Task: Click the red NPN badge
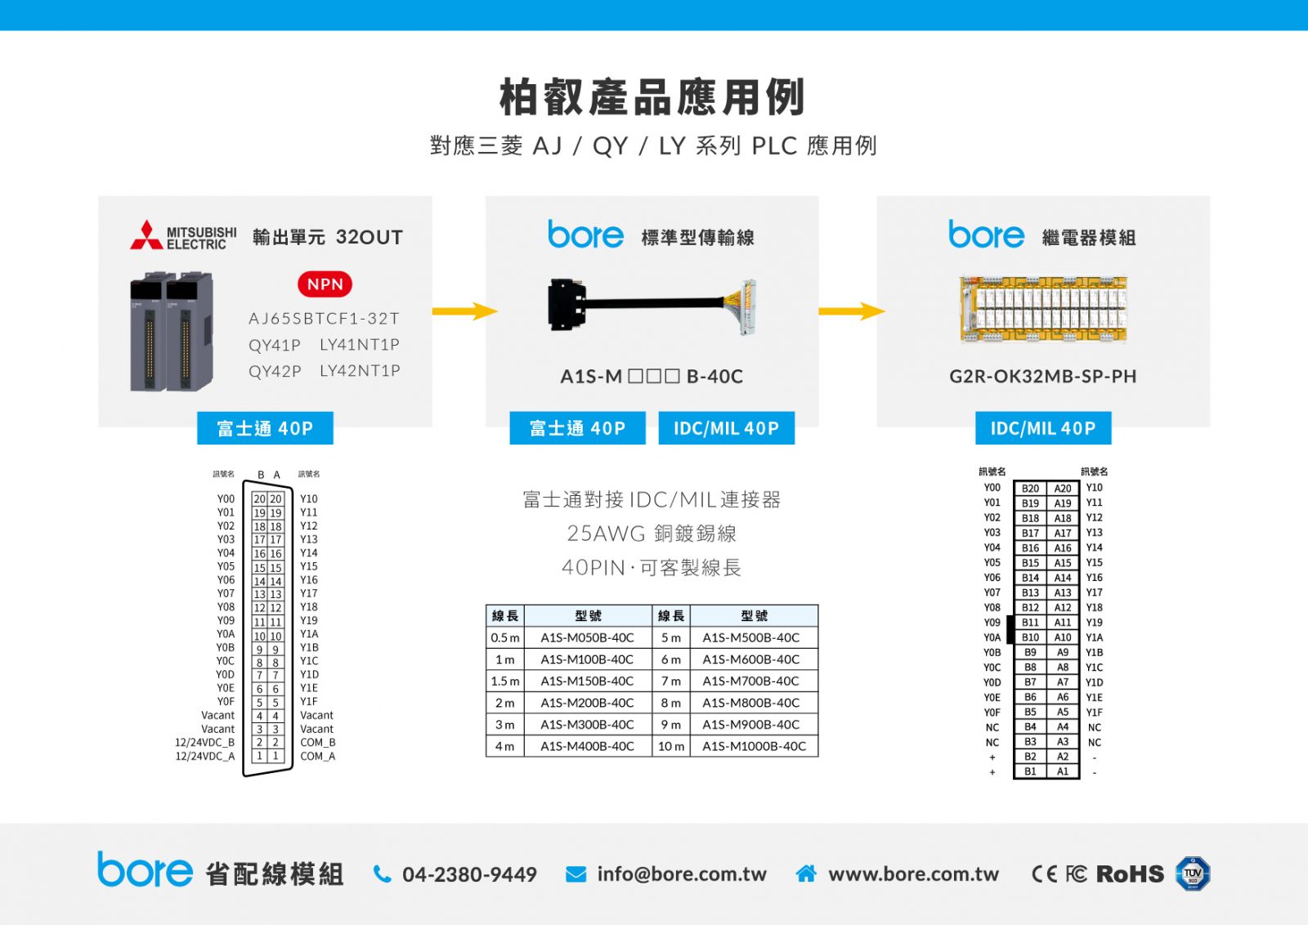[325, 284]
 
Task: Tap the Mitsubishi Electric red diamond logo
[146, 235]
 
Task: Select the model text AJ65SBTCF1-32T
[324, 319]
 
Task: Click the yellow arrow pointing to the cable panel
[465, 311]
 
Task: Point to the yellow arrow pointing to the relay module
[852, 311]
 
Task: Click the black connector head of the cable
[567, 305]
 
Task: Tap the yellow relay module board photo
[1043, 309]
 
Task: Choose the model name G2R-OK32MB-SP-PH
[1043, 377]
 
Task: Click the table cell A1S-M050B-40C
[588, 638]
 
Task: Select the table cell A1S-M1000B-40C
[754, 746]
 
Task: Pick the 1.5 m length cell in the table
[505, 681]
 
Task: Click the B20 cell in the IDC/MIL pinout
[1030, 489]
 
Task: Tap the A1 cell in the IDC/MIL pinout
[1063, 771]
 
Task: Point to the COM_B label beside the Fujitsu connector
[318, 742]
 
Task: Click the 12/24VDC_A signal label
[205, 757]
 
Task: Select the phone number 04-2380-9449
[469, 874]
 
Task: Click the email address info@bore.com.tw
[682, 874]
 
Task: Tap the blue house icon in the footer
[806, 874]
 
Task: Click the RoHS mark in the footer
[1130, 874]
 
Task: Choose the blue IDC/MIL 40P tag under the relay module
[1043, 428]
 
